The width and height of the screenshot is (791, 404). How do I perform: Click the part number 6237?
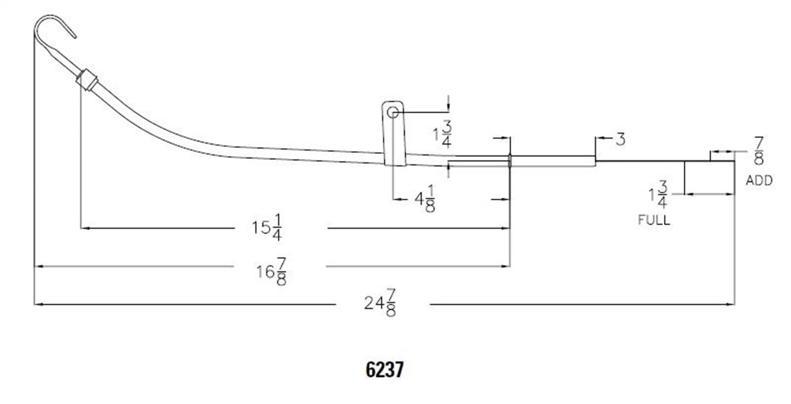click(384, 370)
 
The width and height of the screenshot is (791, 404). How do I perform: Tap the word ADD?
click(759, 181)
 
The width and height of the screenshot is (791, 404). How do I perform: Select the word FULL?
click(654, 220)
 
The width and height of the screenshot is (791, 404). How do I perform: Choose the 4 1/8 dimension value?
click(424, 200)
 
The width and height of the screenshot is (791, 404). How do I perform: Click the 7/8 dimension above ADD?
click(759, 151)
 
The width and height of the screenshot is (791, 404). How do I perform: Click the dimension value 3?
click(620, 140)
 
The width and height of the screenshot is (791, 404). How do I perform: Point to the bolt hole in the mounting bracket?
click(392, 113)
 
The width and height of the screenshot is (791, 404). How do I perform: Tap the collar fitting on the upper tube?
click(86, 80)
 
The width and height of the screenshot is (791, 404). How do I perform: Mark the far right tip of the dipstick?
click(734, 161)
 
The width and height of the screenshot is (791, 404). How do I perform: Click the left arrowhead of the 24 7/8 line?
click(38, 304)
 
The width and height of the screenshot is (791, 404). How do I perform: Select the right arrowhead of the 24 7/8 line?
click(730, 304)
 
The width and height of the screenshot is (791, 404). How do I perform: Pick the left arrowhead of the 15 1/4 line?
click(84, 228)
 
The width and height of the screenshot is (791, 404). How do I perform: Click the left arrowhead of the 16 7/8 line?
click(38, 267)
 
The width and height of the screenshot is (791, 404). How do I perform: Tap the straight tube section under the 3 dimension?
click(553, 161)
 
